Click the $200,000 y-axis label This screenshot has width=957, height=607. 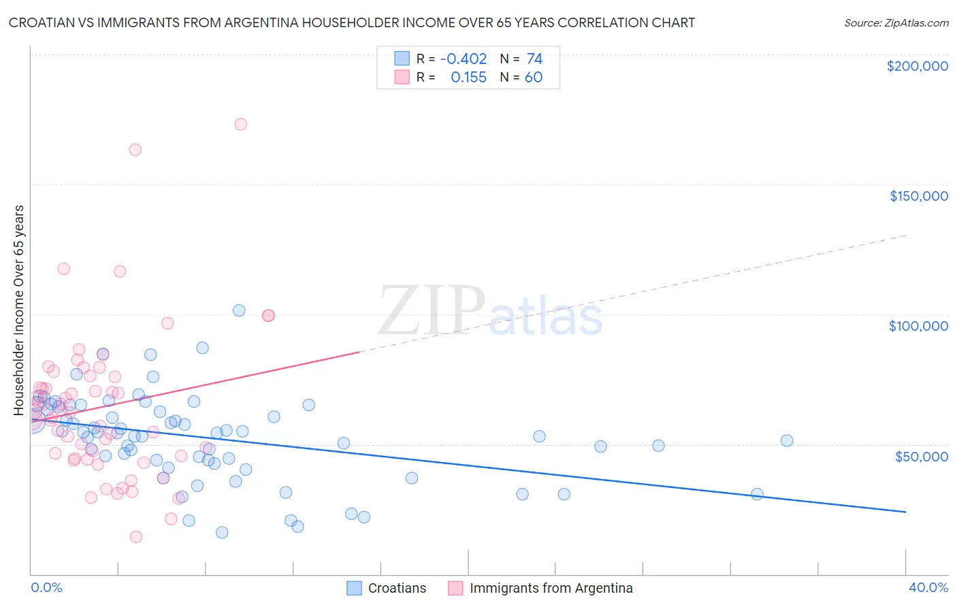(917, 66)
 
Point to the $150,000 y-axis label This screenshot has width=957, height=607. (918, 196)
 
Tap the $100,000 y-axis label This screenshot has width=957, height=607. (918, 326)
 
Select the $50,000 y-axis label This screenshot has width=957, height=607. (921, 457)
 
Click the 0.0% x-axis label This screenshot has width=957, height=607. (46, 587)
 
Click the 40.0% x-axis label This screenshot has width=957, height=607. (928, 587)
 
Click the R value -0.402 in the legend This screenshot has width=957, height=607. (464, 59)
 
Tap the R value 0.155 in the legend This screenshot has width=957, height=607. (468, 78)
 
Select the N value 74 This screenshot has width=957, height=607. (534, 59)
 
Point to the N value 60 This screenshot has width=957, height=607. (533, 78)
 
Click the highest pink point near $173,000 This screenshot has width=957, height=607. (240, 124)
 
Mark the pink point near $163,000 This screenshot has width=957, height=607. (135, 150)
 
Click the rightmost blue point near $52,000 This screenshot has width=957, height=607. (787, 440)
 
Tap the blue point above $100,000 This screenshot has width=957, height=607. (239, 310)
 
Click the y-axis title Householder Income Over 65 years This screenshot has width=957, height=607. (19, 310)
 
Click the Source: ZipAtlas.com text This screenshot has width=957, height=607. (896, 23)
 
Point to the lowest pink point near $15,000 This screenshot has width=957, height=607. (136, 537)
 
